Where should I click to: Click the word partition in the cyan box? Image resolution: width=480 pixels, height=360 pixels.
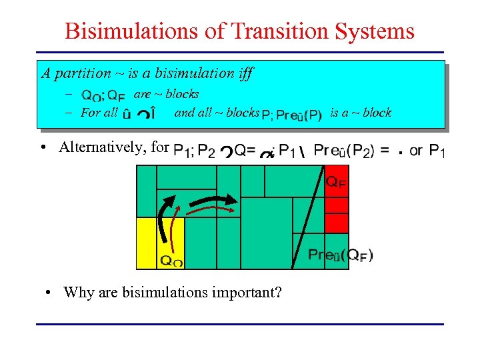(x=83, y=73)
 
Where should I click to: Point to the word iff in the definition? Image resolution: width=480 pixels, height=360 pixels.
(x=243, y=73)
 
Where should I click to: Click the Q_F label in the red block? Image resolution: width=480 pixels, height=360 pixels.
(x=336, y=182)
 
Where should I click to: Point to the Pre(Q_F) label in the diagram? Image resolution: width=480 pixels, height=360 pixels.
(x=340, y=255)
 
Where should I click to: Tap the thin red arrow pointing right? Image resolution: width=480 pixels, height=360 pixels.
(x=210, y=209)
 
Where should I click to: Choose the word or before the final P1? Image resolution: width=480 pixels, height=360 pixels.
(x=416, y=151)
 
